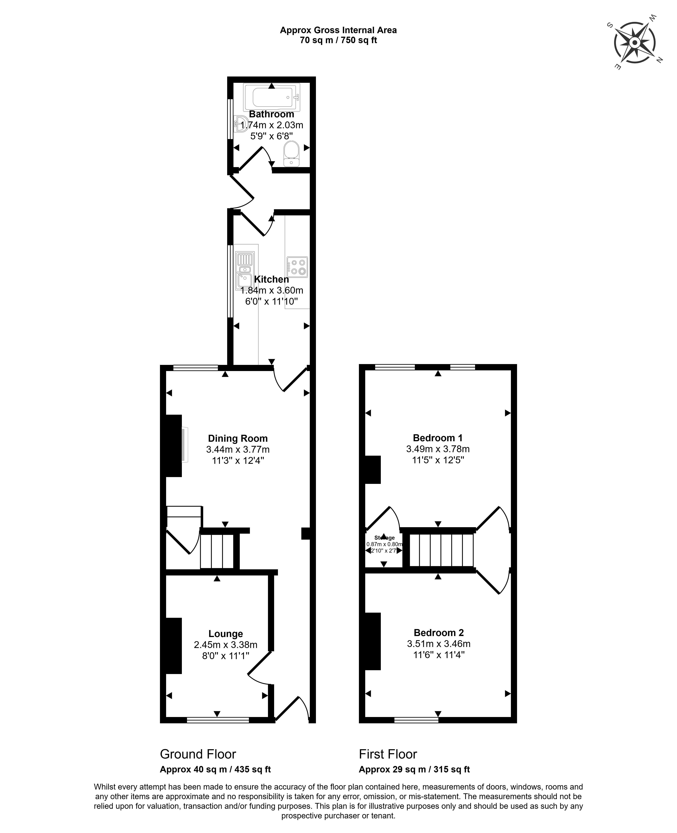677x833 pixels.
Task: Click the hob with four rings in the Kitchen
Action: pyautogui.click(x=297, y=267)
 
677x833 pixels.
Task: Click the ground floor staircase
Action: pyautogui.click(x=217, y=551)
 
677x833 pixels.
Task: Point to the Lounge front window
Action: pyautogui.click(x=218, y=720)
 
